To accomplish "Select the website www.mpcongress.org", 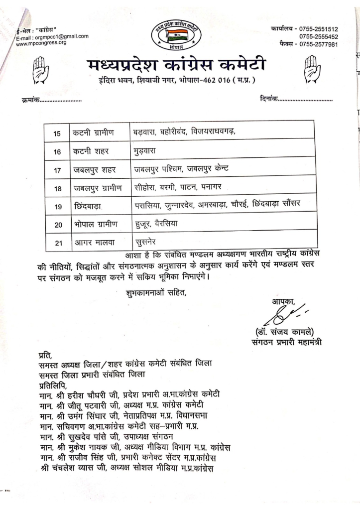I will pos(41,43).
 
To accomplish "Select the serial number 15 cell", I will pos(57,133).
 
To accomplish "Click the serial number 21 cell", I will pos(57,244).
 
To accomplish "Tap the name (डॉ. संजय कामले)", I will pos(285,333).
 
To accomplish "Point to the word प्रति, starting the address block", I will pos(44,355).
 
